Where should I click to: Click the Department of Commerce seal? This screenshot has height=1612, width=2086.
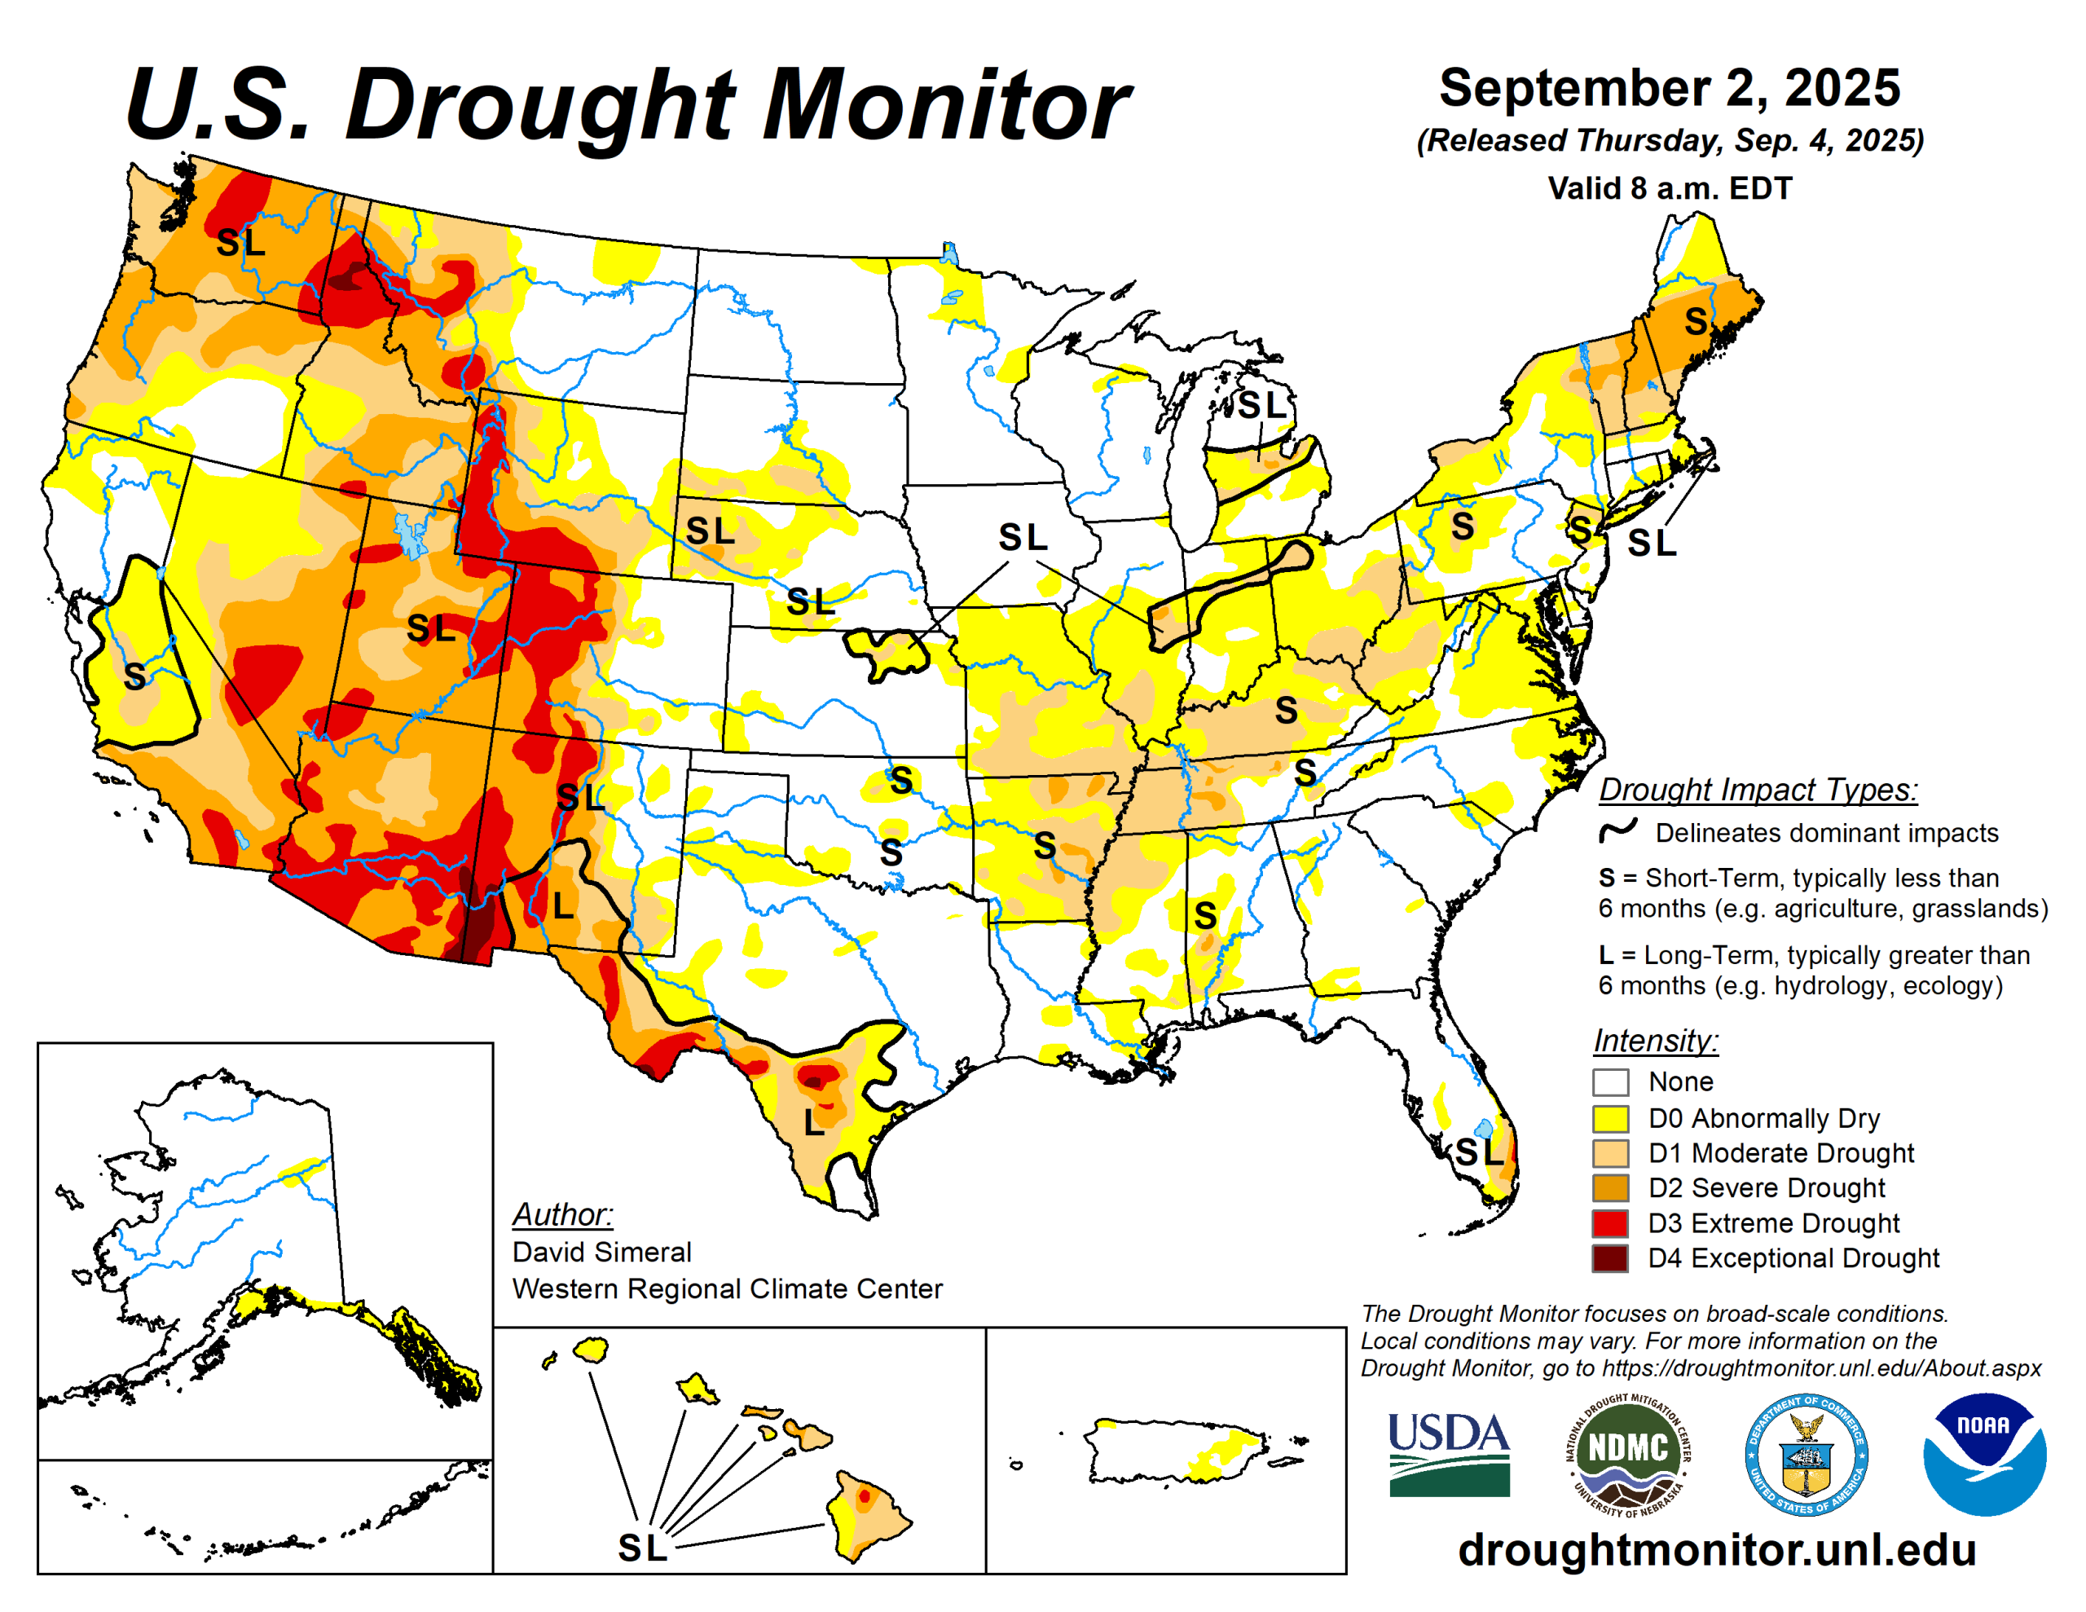click(x=1807, y=1455)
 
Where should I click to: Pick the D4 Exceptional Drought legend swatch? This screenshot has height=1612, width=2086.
click(x=1609, y=1258)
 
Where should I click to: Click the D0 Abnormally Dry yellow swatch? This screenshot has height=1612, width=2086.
click(x=1609, y=1118)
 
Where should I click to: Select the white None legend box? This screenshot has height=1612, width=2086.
click(x=1609, y=1082)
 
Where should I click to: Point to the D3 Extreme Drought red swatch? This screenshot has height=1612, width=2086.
click(x=1609, y=1223)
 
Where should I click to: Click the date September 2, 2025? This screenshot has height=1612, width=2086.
click(x=1669, y=88)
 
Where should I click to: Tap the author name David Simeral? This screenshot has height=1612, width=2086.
click(x=601, y=1252)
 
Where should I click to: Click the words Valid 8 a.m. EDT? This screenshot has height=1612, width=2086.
click(x=1669, y=188)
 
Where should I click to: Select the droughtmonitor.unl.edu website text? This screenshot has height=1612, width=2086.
click(x=1716, y=1550)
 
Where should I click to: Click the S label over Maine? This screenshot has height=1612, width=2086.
click(x=1696, y=321)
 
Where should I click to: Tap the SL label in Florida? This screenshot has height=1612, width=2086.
click(x=1479, y=1152)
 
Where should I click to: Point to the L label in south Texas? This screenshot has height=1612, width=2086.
click(x=813, y=1123)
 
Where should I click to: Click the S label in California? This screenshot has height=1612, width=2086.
click(x=134, y=676)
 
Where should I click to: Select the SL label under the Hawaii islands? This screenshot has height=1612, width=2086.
click(x=642, y=1548)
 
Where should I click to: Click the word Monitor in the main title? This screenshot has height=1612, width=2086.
click(x=945, y=105)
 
